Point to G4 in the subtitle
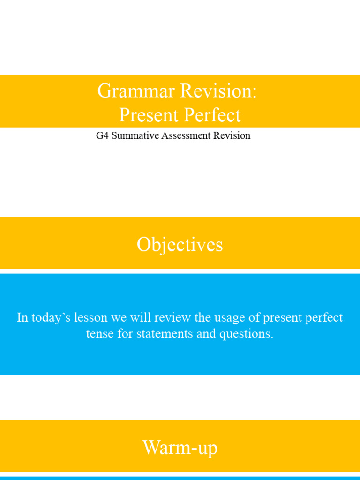point(102,136)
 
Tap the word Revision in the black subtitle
point(233,136)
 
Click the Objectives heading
point(180,245)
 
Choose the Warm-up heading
point(180,448)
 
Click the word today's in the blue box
point(49,318)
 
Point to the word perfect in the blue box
point(325,318)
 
